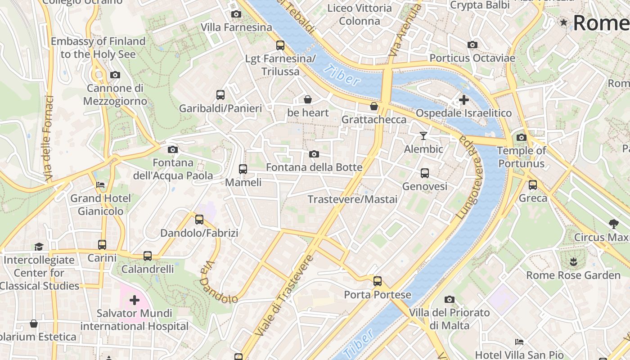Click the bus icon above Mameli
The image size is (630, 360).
243,169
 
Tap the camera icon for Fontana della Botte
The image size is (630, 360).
314,154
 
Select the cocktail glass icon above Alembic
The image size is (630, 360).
423,135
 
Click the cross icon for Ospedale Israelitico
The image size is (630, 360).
464,99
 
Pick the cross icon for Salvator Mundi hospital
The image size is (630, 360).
134,300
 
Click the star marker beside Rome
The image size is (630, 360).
563,22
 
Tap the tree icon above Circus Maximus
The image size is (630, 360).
613,224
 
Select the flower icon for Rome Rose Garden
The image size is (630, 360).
573,261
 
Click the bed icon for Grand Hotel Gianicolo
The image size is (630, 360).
100,185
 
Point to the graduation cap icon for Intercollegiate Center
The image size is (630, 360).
39,247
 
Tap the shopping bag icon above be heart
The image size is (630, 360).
308,99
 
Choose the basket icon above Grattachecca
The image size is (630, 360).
374,106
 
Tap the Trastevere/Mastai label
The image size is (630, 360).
352,199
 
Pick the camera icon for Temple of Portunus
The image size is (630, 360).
522,137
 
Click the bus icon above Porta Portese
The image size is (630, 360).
378,281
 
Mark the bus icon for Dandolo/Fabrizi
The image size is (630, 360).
199,220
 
